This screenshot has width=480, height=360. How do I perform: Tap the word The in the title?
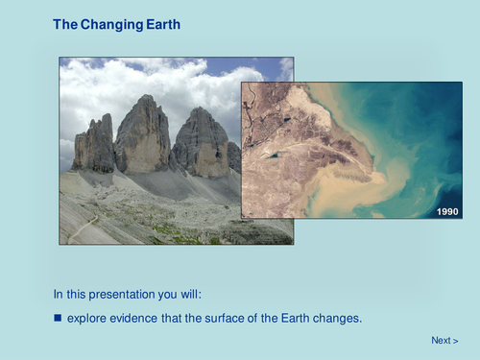(65, 23)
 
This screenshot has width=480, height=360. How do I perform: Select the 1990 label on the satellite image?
(446, 211)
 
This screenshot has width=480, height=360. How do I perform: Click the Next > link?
(444, 341)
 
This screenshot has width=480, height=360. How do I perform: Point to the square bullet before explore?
(57, 317)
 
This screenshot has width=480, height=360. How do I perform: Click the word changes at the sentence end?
(340, 317)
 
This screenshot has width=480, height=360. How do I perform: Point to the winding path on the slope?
(84, 228)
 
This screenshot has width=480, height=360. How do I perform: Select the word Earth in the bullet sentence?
(296, 317)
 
